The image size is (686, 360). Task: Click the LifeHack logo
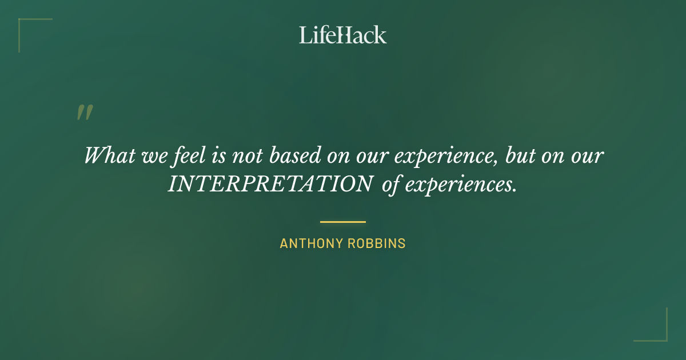342,35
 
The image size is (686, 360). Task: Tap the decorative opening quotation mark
85,113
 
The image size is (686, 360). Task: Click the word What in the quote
108,155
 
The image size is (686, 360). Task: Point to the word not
248,155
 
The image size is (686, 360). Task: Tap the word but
520,155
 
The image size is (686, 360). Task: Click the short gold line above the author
342,222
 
